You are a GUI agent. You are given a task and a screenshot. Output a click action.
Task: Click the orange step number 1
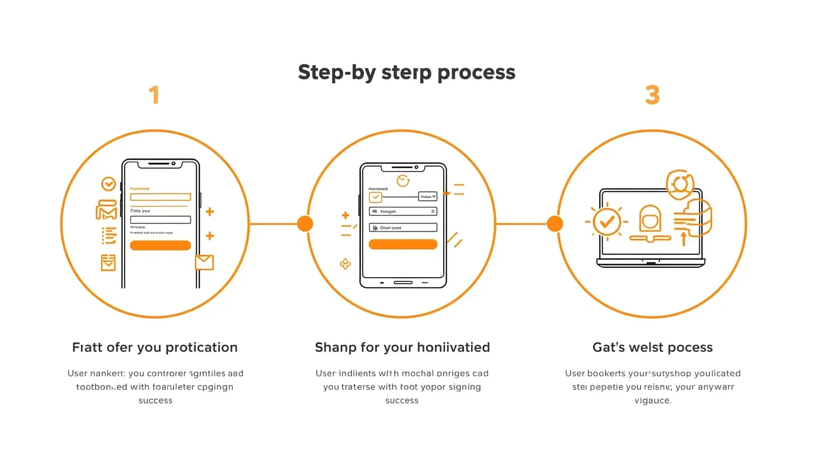click(x=154, y=95)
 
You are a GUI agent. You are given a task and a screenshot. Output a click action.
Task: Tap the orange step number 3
click(x=652, y=95)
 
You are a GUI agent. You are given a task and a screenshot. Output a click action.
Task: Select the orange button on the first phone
click(x=160, y=245)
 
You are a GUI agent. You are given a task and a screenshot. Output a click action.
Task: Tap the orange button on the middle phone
click(x=402, y=244)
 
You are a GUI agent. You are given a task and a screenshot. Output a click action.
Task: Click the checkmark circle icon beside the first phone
click(x=108, y=184)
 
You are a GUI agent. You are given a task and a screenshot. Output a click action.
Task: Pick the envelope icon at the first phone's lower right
click(x=204, y=262)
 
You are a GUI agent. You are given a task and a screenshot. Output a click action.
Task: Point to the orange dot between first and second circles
click(x=305, y=223)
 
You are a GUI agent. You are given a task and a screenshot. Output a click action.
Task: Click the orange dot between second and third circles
click(x=555, y=223)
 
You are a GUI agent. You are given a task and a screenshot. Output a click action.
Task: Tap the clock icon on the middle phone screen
click(x=403, y=180)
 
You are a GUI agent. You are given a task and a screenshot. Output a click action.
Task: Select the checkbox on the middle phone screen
click(x=376, y=197)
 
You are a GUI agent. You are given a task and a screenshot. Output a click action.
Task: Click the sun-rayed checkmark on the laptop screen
click(x=607, y=222)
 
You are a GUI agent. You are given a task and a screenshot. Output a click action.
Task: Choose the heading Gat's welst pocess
click(x=652, y=347)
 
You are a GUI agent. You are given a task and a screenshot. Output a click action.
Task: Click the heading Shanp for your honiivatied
click(x=402, y=347)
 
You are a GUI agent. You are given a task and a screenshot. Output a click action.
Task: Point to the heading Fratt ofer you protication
click(x=154, y=347)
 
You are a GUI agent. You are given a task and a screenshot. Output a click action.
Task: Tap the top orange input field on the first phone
click(x=160, y=197)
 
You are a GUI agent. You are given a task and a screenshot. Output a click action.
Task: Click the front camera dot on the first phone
click(x=173, y=164)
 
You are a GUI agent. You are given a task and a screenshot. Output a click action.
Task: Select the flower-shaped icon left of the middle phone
click(x=345, y=264)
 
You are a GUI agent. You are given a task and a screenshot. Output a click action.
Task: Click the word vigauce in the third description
click(x=653, y=401)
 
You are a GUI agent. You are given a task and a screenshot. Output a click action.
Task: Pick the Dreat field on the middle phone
click(x=402, y=227)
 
